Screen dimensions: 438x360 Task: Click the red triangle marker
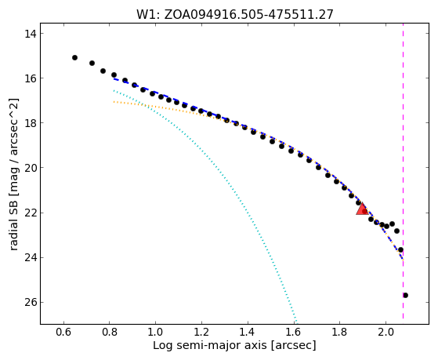coord(362,209)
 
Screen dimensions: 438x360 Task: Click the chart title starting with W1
coord(235,15)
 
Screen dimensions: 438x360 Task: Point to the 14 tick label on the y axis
coord(30,34)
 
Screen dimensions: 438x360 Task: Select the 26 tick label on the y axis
coord(30,303)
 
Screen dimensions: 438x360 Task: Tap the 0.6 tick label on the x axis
coord(64,333)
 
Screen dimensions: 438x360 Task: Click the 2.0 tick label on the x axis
coord(386,333)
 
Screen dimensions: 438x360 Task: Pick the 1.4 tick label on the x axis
coord(248,333)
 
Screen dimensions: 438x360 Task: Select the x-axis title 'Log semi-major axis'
coord(209,346)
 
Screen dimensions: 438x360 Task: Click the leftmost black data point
coord(74,57)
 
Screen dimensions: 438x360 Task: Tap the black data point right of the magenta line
coord(405,296)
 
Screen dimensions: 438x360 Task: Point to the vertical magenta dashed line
coord(403,171)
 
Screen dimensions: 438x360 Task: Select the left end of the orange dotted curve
coord(114,102)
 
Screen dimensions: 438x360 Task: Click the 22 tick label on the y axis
coord(30,213)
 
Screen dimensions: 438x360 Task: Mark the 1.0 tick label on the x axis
coord(156,333)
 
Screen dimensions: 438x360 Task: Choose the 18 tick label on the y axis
coord(30,123)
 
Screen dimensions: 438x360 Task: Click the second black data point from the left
coord(92,64)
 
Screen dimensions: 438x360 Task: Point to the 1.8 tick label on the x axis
coord(339,333)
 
